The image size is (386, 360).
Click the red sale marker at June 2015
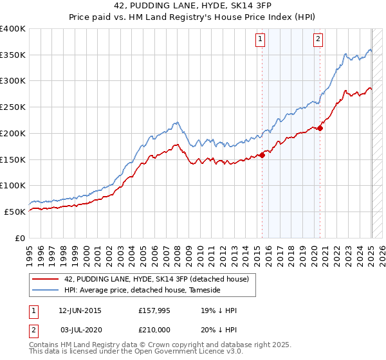point(262,155)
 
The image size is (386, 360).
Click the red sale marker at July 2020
point(320,128)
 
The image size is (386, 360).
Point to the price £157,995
point(152,310)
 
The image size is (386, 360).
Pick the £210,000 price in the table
point(152,329)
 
